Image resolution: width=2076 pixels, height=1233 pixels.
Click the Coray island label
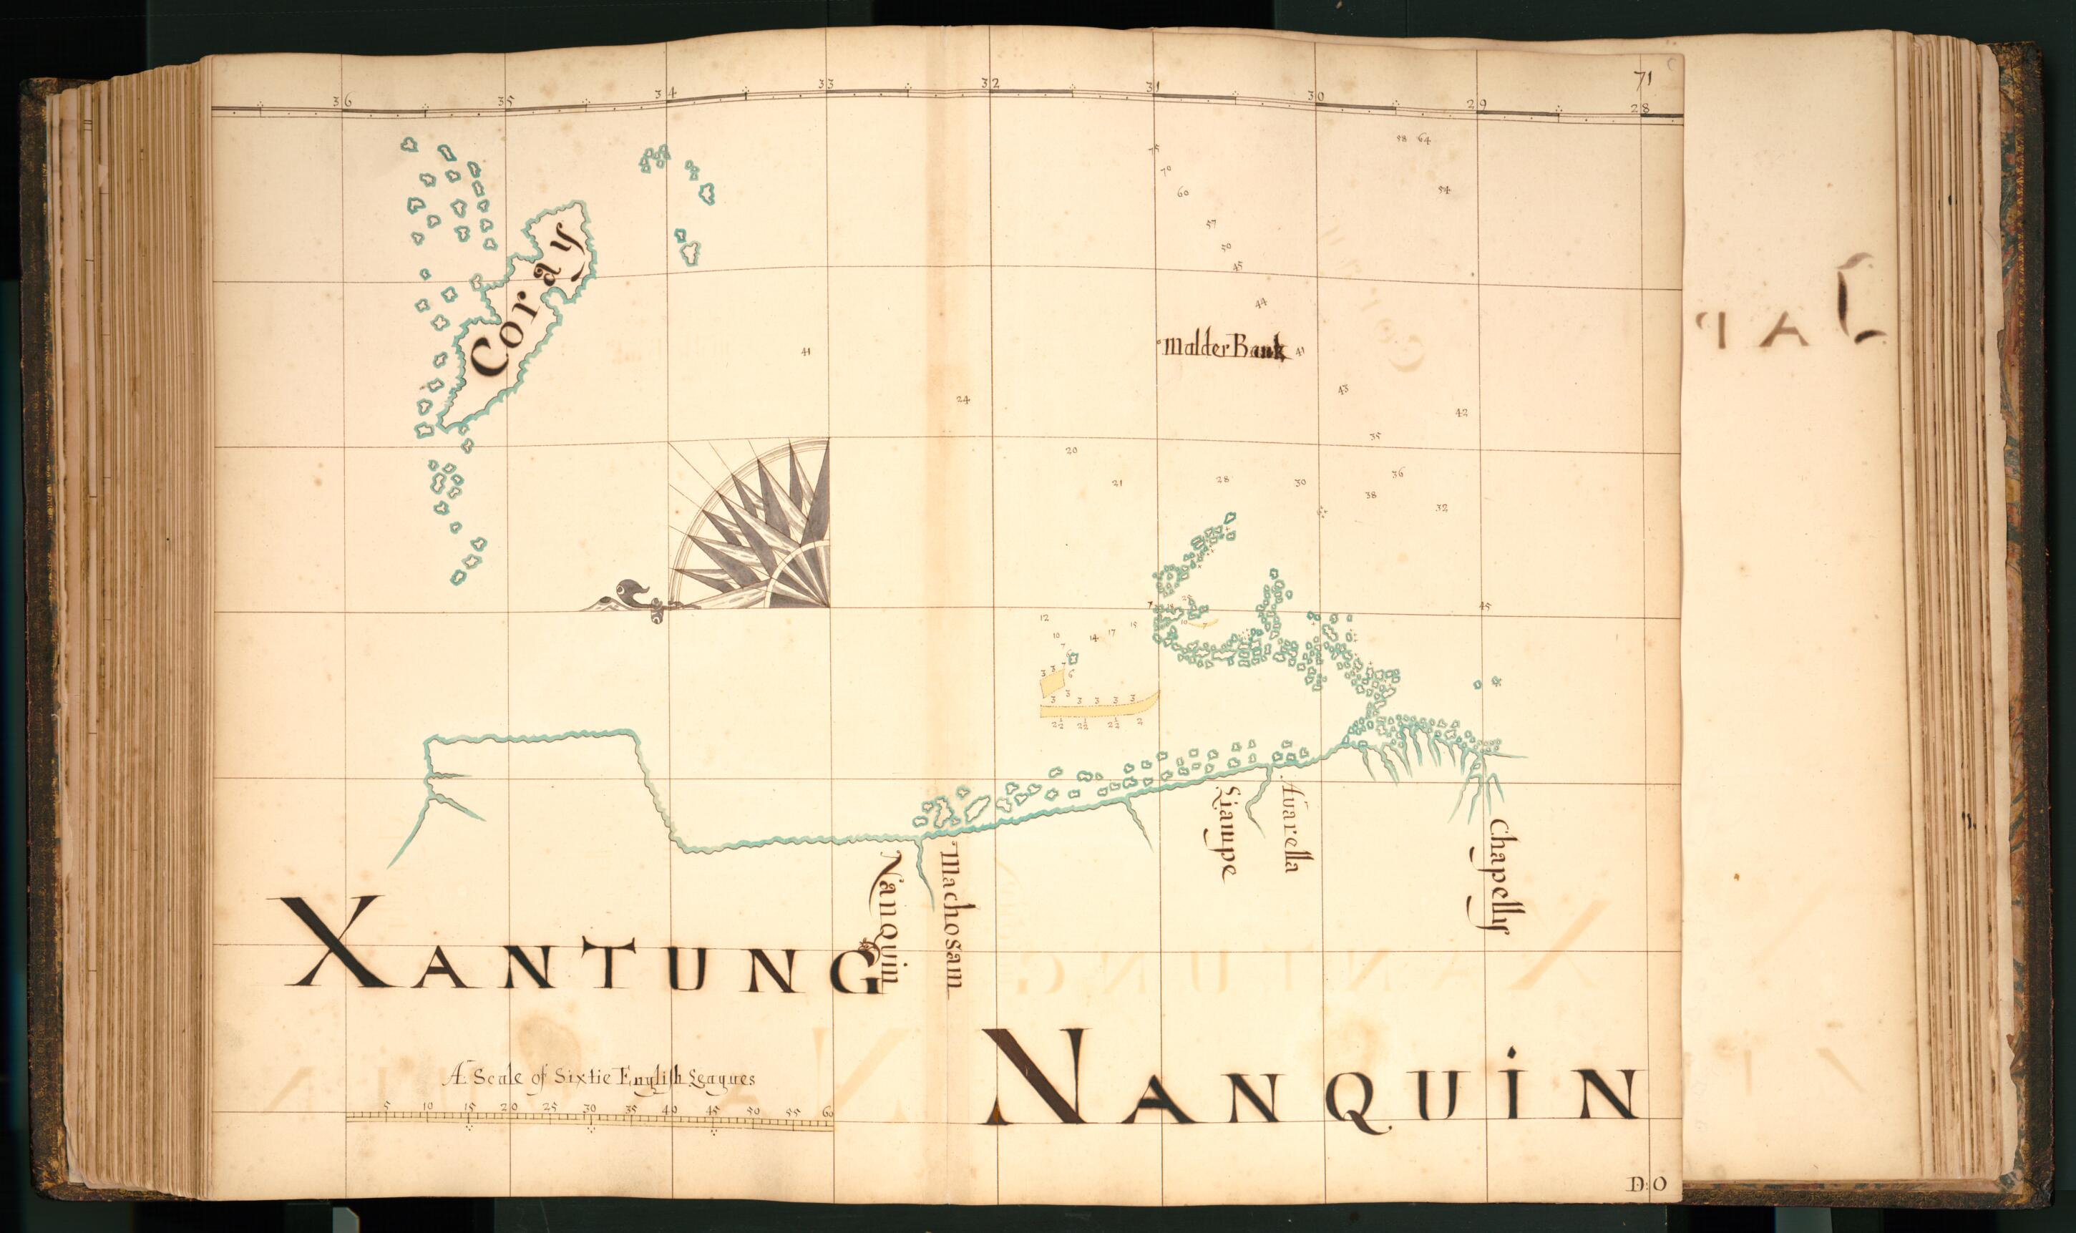(525, 310)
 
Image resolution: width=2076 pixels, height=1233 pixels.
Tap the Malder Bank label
(1225, 349)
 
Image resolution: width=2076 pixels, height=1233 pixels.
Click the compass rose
(756, 527)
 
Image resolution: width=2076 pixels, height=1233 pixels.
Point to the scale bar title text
(600, 1078)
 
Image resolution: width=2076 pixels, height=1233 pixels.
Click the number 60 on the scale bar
(827, 1111)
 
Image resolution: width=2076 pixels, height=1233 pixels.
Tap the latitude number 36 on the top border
(341, 102)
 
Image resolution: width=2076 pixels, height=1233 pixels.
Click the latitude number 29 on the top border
(1476, 104)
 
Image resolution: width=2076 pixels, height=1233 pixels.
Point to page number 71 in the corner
(1641, 81)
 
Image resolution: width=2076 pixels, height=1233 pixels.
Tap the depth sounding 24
(962, 399)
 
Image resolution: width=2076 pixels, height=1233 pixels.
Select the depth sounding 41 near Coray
(805, 351)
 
